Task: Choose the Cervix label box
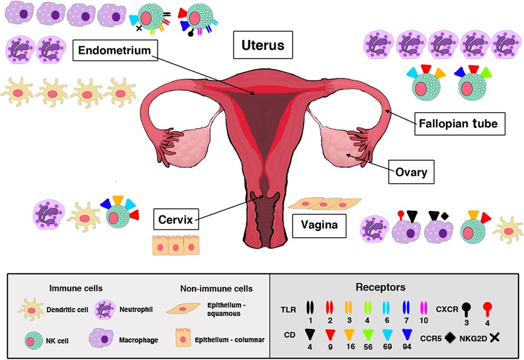click(x=175, y=218)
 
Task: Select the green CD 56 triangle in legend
click(x=384, y=333)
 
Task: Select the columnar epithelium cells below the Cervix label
click(x=167, y=244)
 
